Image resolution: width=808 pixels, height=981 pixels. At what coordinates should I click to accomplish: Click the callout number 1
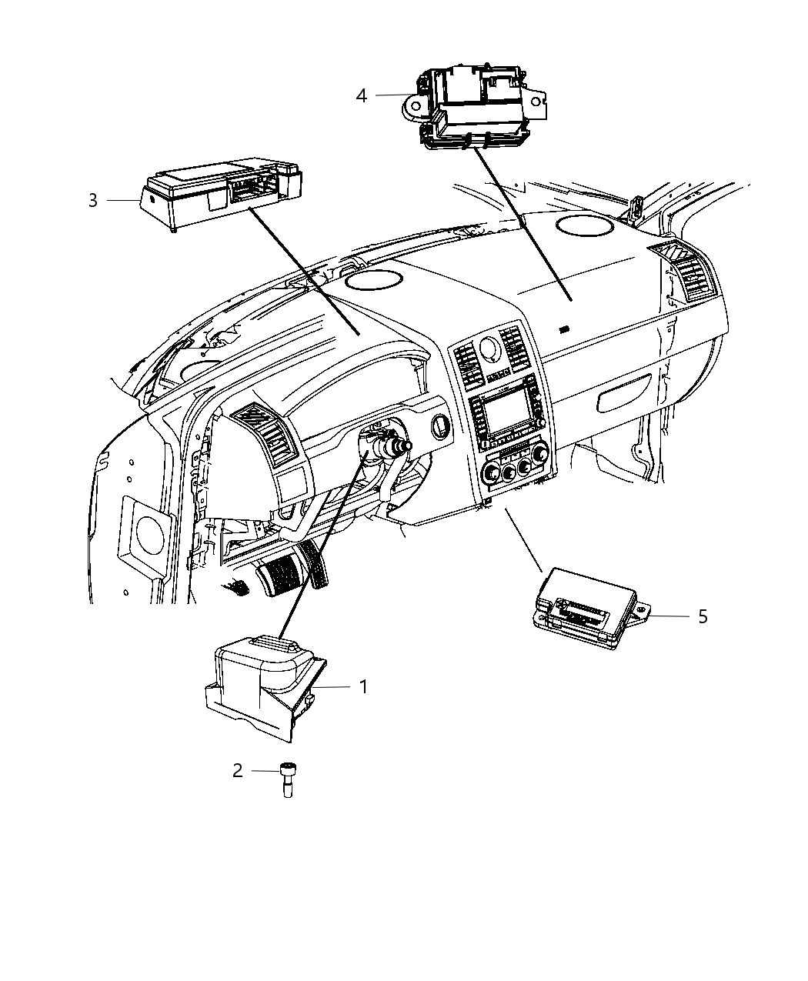tap(364, 686)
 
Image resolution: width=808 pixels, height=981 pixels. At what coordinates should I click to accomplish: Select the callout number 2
tap(238, 770)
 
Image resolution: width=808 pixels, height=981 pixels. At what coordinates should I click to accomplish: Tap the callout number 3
tap(93, 201)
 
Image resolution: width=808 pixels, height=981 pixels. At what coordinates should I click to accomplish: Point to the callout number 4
tap(362, 95)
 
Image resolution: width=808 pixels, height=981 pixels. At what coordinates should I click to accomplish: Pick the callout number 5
tap(702, 616)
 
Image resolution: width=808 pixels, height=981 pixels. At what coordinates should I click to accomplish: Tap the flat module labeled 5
tap(589, 608)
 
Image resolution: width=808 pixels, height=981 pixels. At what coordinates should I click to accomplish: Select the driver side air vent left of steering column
tap(265, 435)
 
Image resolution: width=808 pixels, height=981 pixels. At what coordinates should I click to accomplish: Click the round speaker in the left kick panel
tap(142, 532)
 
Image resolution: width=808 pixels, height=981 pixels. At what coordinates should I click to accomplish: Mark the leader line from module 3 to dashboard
tap(304, 270)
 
